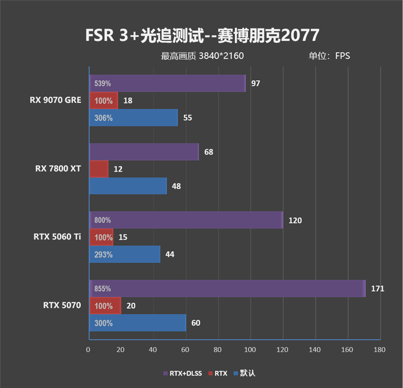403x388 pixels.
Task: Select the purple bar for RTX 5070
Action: click(227, 289)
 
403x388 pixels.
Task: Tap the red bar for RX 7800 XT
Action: click(99, 169)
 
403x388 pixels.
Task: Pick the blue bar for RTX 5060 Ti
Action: click(124, 254)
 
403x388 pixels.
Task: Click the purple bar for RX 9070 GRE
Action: click(167, 83)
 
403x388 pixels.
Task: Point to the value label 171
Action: click(377, 289)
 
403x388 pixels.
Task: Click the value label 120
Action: click(295, 220)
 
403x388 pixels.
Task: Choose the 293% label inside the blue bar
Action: click(103, 254)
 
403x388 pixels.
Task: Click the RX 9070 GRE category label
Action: click(55, 100)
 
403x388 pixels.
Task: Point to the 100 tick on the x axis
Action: click(250, 349)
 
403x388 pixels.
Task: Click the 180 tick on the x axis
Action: click(379, 349)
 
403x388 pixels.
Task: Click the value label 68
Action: click(209, 152)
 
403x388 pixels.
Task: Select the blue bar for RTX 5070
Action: click(138, 323)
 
